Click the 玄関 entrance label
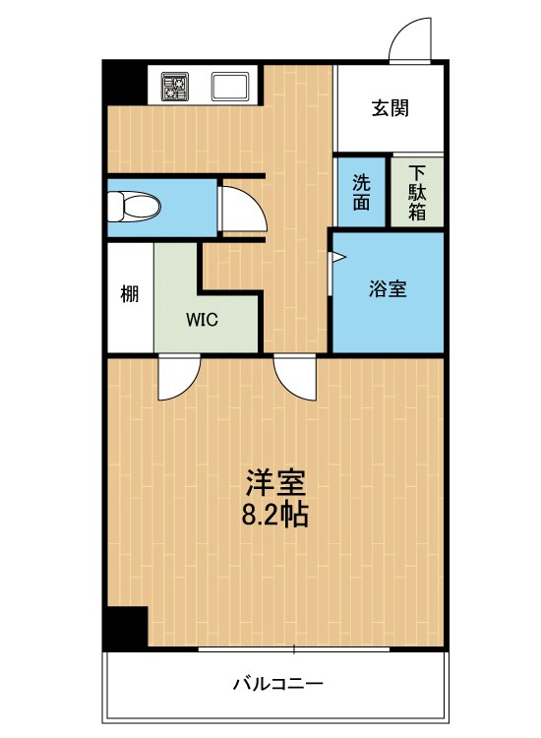click(390, 108)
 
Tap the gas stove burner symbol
click(175, 87)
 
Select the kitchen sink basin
click(230, 87)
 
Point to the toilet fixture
click(134, 207)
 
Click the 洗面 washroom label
click(361, 193)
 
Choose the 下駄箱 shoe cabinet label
click(417, 193)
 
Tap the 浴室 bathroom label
click(388, 288)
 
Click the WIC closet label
click(202, 320)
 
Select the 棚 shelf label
click(130, 294)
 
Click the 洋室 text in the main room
click(275, 483)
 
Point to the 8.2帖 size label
click(275, 515)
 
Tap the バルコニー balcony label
click(278, 683)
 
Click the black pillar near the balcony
click(126, 628)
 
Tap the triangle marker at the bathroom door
click(338, 257)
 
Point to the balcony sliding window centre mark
click(294, 649)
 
